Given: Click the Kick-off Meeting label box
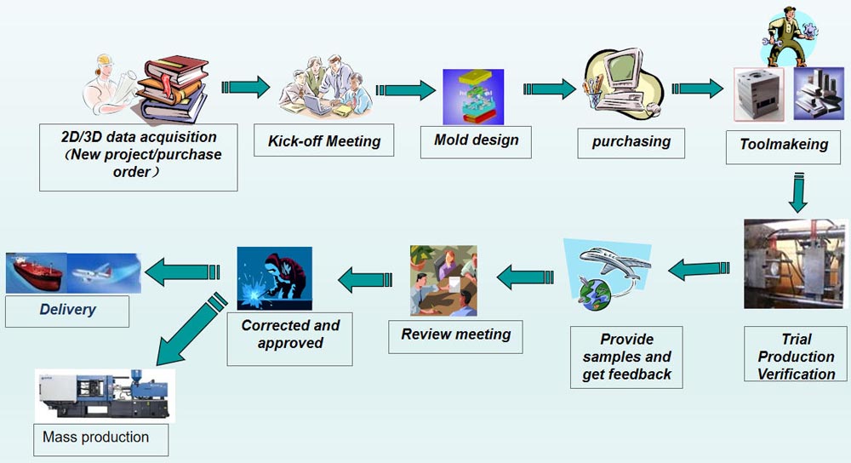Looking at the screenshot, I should (324, 140).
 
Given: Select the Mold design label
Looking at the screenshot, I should (476, 140).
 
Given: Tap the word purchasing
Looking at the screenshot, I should (631, 142).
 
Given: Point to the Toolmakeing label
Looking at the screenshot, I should (783, 144).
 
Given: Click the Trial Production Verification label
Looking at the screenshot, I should (796, 356).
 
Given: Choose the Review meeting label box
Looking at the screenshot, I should (455, 334).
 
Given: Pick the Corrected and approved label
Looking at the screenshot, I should (289, 334).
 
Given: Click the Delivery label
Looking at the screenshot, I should (67, 310).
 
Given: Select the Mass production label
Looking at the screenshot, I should (95, 437).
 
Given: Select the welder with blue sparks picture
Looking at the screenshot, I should (274, 277).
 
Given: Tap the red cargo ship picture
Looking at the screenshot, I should (36, 273).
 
